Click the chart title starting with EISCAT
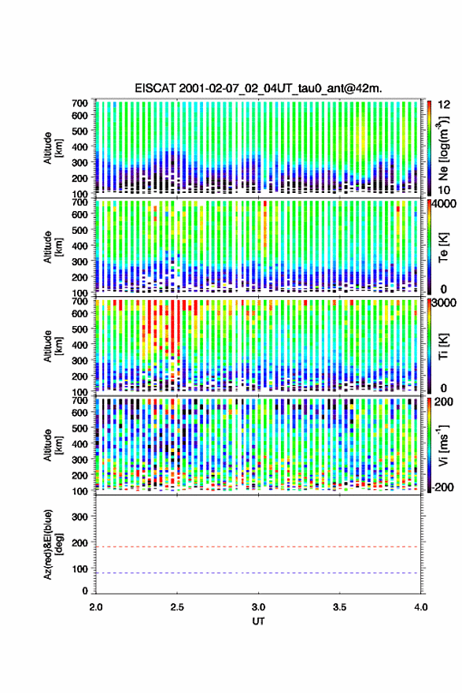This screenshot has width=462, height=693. point(258,88)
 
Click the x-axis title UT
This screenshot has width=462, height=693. point(258,621)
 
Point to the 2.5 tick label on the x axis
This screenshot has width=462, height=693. point(177,607)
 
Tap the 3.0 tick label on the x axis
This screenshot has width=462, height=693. point(258,607)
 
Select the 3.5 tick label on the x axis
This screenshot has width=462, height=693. point(340,607)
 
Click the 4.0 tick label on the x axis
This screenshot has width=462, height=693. point(421,607)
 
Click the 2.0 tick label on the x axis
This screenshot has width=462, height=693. point(96,607)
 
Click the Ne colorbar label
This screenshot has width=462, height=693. point(443,148)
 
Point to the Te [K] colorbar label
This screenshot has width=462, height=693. point(443,247)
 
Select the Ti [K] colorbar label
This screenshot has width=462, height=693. point(443,346)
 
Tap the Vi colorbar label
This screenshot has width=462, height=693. point(443,446)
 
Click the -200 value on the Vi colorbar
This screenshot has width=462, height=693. point(443,487)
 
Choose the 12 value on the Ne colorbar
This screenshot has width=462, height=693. point(445,105)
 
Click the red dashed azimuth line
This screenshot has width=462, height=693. point(257,547)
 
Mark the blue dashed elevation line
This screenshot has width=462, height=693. point(257,573)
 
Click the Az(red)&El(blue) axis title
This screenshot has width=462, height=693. point(51,545)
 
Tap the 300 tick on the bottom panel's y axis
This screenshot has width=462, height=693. point(80,517)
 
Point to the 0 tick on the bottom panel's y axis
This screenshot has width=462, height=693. point(85,591)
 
